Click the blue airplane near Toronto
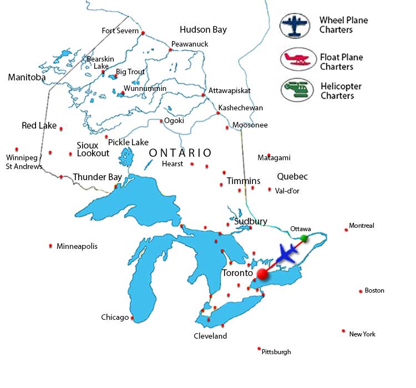[x=286, y=254]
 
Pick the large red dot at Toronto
[x=262, y=274]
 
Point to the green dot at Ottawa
[x=304, y=238]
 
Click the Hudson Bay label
[x=203, y=29]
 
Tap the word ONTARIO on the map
[x=180, y=152]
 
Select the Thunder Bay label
[x=97, y=177]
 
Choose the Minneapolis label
[x=77, y=246]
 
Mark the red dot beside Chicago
[x=132, y=318]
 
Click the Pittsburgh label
[x=276, y=352]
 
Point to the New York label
[x=362, y=334]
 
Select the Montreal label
[x=362, y=226]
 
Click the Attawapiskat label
[x=230, y=90]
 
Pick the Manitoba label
[x=27, y=78]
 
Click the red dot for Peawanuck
[x=171, y=50]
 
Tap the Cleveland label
[x=210, y=336]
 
